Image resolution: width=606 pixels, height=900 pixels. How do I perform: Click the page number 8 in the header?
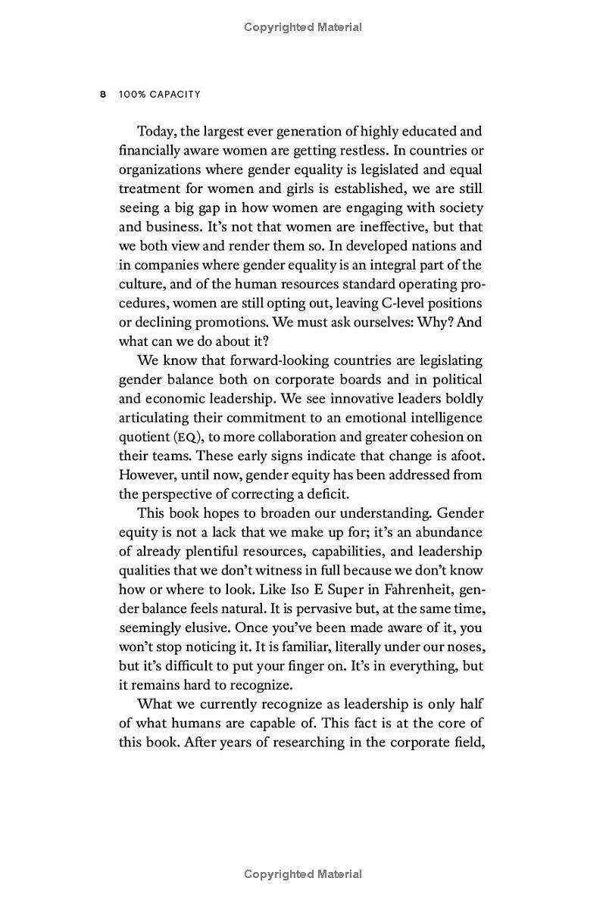103,95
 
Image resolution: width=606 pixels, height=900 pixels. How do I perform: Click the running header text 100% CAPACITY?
160,95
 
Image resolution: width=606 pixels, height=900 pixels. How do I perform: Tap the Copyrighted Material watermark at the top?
303,27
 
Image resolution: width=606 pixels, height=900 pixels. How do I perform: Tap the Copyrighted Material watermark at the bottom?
303,874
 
